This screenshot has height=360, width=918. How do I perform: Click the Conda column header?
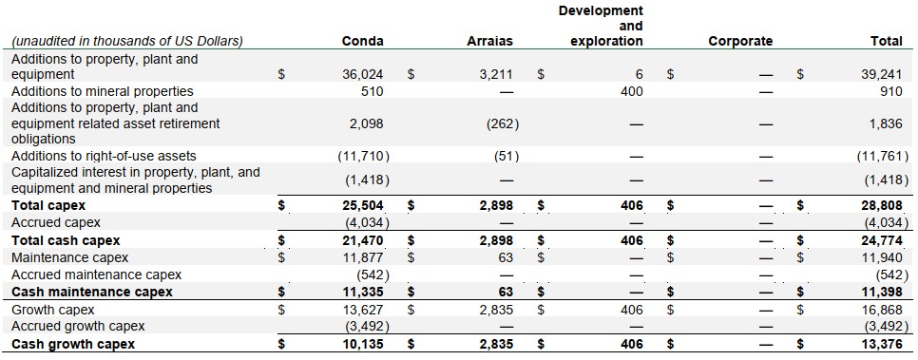pos(362,41)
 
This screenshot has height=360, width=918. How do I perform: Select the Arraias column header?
pos(490,41)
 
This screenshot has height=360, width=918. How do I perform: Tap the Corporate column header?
pos(740,41)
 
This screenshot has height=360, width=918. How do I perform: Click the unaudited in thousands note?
pos(127,41)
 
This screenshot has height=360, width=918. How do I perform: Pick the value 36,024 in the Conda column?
pos(363,74)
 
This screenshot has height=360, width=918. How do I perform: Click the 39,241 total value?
pos(881,74)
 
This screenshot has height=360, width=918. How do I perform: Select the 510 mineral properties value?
pos(373,91)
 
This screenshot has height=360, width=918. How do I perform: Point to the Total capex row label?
pos(48,205)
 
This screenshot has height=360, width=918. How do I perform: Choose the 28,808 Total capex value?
pos(881,205)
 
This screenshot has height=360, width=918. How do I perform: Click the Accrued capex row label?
pos(56,222)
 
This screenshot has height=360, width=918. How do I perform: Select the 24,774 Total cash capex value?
pos(881,240)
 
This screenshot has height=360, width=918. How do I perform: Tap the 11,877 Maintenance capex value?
pos(363,257)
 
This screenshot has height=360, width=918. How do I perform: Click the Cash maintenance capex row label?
pos(92,293)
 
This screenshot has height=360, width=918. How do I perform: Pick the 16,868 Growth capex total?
pos(881,310)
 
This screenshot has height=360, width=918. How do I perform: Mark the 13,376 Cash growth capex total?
pos(881,344)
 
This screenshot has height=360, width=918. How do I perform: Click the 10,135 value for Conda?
pos(363,344)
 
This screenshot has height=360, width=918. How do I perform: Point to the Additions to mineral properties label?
pos(103,91)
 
